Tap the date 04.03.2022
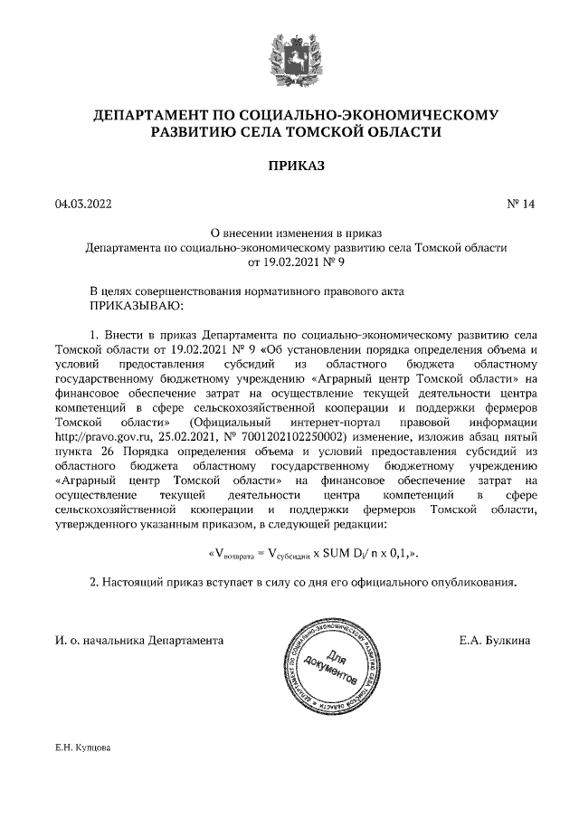pos(82,205)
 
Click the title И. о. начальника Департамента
pos(139,639)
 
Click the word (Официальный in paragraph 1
pos(232,422)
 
